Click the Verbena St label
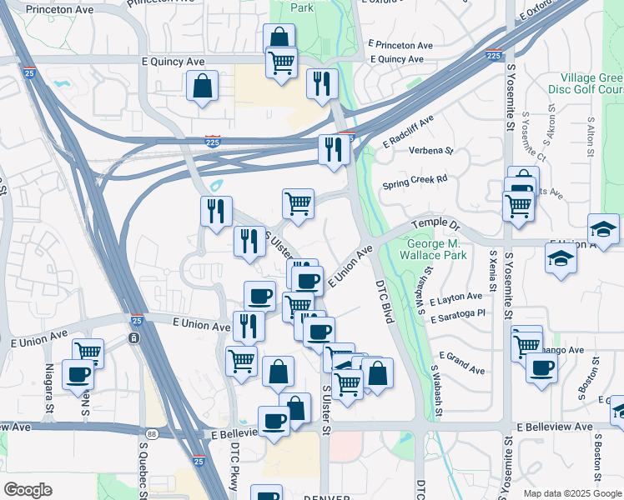[430, 151]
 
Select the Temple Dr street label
[437, 225]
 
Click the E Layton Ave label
[456, 296]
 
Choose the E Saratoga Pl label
[458, 315]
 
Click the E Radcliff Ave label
[409, 132]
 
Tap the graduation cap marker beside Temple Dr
[603, 227]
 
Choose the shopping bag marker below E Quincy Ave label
[202, 85]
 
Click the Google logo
[28, 490]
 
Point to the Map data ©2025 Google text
[571, 493]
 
